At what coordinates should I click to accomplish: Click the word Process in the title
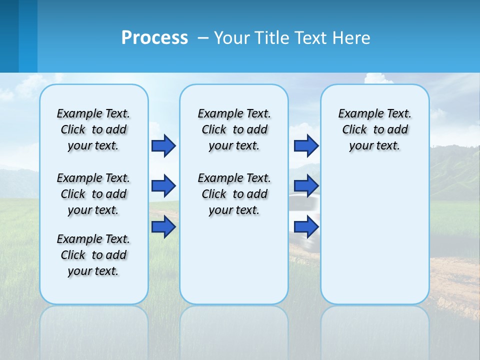[x=154, y=38]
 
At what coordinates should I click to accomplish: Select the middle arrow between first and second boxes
[x=163, y=186]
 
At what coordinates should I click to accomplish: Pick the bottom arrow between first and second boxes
[x=163, y=227]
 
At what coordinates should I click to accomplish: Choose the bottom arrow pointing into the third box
[x=306, y=227]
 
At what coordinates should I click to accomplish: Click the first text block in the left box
[x=93, y=129]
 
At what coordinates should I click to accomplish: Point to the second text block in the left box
[x=93, y=194]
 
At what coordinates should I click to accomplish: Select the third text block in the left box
[x=93, y=255]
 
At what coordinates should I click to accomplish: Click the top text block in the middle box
[x=234, y=129]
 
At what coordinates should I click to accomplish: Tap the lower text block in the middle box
[x=234, y=194]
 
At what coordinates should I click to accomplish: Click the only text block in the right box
[x=374, y=129]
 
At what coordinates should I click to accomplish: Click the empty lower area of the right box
[x=374, y=240]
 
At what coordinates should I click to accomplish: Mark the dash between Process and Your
[x=203, y=38]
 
